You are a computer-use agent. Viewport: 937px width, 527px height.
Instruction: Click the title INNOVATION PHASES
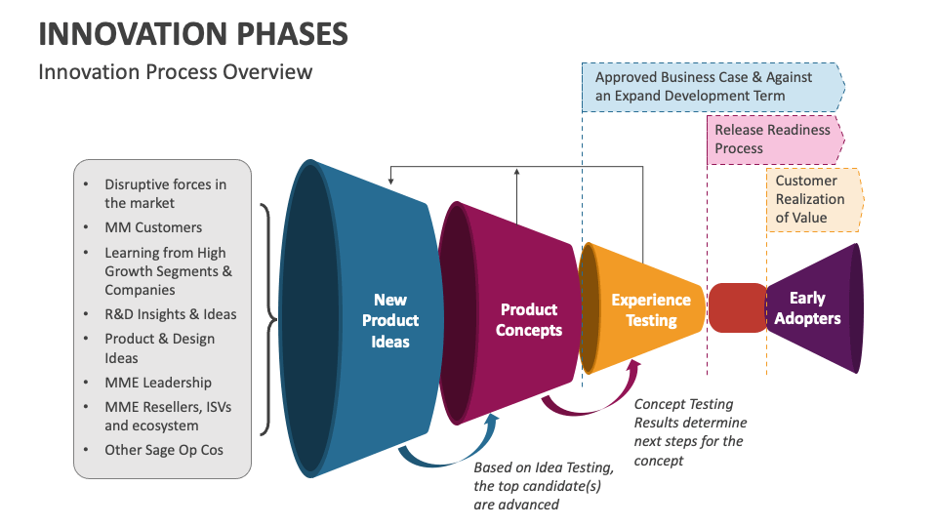[192, 33]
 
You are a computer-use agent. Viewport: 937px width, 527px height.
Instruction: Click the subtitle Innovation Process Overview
[176, 72]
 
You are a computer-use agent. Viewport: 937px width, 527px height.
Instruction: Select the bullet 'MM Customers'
[153, 227]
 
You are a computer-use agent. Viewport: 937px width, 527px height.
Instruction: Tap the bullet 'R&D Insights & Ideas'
[171, 314]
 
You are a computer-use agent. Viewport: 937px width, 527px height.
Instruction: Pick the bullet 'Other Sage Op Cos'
[164, 450]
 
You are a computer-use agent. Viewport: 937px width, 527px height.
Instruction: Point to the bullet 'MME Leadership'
[158, 383]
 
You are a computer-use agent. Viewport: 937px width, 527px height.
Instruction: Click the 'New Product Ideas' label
[390, 320]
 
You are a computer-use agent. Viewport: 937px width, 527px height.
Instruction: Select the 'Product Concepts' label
[528, 320]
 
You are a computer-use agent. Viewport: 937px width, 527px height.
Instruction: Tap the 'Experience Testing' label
[650, 309]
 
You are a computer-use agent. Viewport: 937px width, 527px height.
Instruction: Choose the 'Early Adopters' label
[807, 307]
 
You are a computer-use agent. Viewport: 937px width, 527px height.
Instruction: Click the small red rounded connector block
[737, 307]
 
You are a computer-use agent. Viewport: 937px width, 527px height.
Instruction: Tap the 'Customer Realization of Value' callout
[812, 199]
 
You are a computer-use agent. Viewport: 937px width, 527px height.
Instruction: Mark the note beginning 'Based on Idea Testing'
[544, 486]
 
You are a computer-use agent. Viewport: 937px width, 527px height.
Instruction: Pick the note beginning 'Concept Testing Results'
[690, 431]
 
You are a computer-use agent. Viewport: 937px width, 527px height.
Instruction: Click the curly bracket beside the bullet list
[266, 319]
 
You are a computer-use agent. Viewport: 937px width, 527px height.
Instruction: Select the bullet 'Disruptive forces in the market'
[165, 193]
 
